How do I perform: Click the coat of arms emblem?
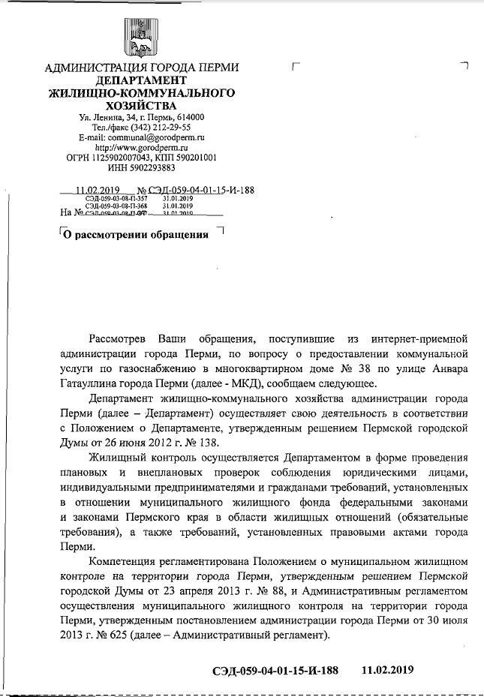click(141, 38)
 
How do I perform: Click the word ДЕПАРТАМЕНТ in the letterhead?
click(141, 80)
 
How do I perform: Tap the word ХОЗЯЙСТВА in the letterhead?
click(141, 106)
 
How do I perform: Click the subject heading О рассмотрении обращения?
click(135, 234)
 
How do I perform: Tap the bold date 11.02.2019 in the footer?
click(387, 669)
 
